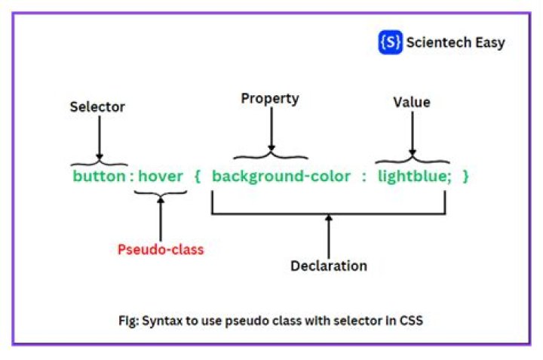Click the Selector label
(97, 107)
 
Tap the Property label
(270, 99)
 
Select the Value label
(412, 102)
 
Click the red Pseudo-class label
(161, 250)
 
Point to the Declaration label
(329, 266)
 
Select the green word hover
(160, 176)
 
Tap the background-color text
(281, 176)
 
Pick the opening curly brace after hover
(198, 176)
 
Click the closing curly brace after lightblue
(466, 176)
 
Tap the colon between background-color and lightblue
(363, 176)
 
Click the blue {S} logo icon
(390, 42)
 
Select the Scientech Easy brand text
(456, 42)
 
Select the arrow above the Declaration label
(329, 235)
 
